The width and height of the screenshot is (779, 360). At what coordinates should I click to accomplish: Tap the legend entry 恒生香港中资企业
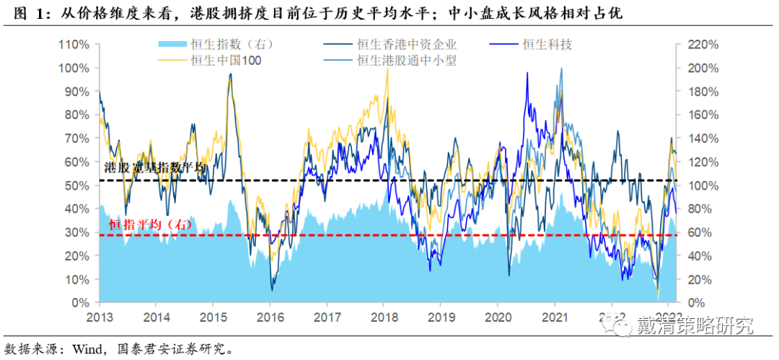pos(408,45)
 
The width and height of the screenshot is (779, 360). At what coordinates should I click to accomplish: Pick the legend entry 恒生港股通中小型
pos(408,61)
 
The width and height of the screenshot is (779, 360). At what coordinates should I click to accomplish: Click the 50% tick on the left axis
pos(76,185)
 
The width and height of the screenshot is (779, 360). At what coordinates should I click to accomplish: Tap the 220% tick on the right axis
pos(702,44)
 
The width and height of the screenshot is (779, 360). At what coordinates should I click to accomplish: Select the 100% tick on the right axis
pos(702,185)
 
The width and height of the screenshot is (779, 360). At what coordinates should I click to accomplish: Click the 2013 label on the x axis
pos(100,317)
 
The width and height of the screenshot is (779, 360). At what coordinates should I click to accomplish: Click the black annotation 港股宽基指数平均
pos(154,167)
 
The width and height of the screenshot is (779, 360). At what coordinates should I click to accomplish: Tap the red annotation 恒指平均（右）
pos(150,225)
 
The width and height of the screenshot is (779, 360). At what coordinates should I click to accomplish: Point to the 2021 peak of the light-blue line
pos(562,69)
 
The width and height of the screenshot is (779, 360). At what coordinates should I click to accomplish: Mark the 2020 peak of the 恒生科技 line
pos(527,73)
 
